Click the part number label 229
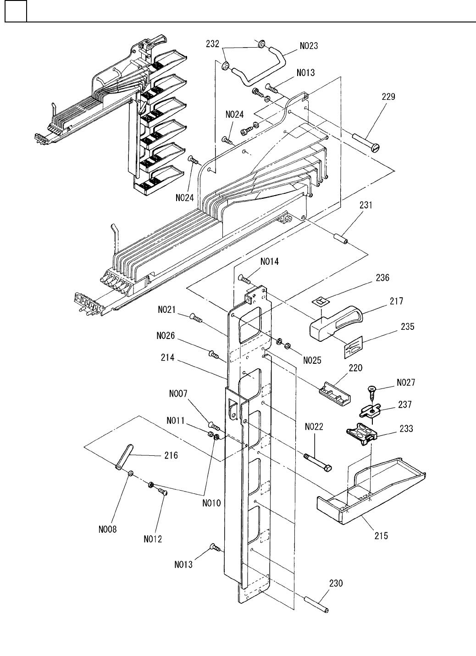point(388,97)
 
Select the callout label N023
point(309,46)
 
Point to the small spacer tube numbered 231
point(341,239)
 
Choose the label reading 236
point(382,278)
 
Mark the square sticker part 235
point(353,347)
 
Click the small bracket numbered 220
point(334,394)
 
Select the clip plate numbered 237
point(370,411)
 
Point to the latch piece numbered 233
point(361,434)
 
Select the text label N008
point(107,530)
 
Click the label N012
point(153,539)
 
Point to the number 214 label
point(167,357)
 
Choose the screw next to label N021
point(196,318)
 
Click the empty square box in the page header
point(16,11)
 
